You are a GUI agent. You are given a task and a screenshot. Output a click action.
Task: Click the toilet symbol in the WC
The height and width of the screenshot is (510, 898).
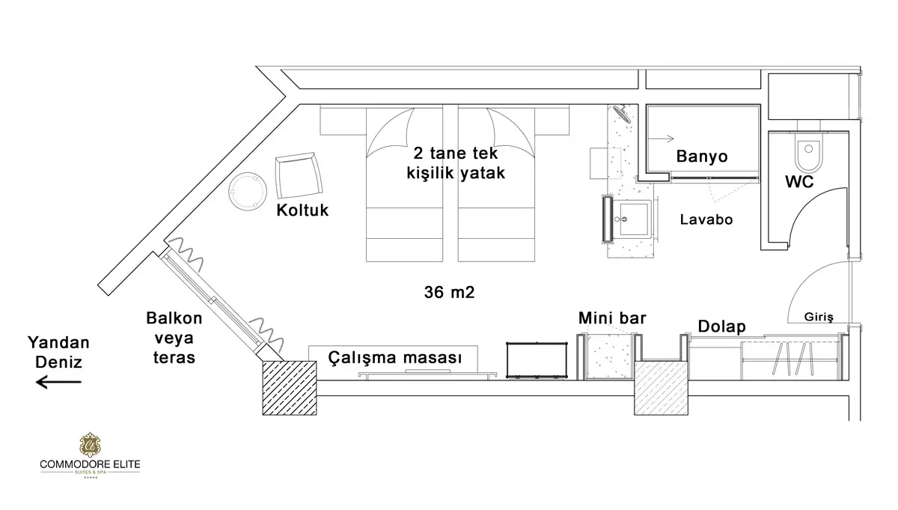(807, 153)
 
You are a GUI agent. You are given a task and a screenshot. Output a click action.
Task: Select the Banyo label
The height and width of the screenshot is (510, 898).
(702, 157)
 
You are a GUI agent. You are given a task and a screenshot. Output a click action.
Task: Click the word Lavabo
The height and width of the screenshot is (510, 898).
(706, 220)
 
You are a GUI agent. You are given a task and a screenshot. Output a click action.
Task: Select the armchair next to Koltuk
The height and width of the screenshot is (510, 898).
(299, 175)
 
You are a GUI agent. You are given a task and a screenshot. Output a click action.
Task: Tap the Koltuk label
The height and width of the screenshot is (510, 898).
(302, 211)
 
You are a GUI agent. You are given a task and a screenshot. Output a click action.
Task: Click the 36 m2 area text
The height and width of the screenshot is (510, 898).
(450, 293)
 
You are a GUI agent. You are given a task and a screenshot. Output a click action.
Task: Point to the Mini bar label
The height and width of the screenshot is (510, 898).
(612, 318)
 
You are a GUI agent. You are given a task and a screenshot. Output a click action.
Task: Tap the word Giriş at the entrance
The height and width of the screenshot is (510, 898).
(819, 316)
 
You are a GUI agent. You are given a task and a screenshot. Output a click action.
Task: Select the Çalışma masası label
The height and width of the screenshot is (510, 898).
(394, 358)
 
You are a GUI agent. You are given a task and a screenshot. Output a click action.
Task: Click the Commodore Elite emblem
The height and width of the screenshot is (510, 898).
(89, 444)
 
